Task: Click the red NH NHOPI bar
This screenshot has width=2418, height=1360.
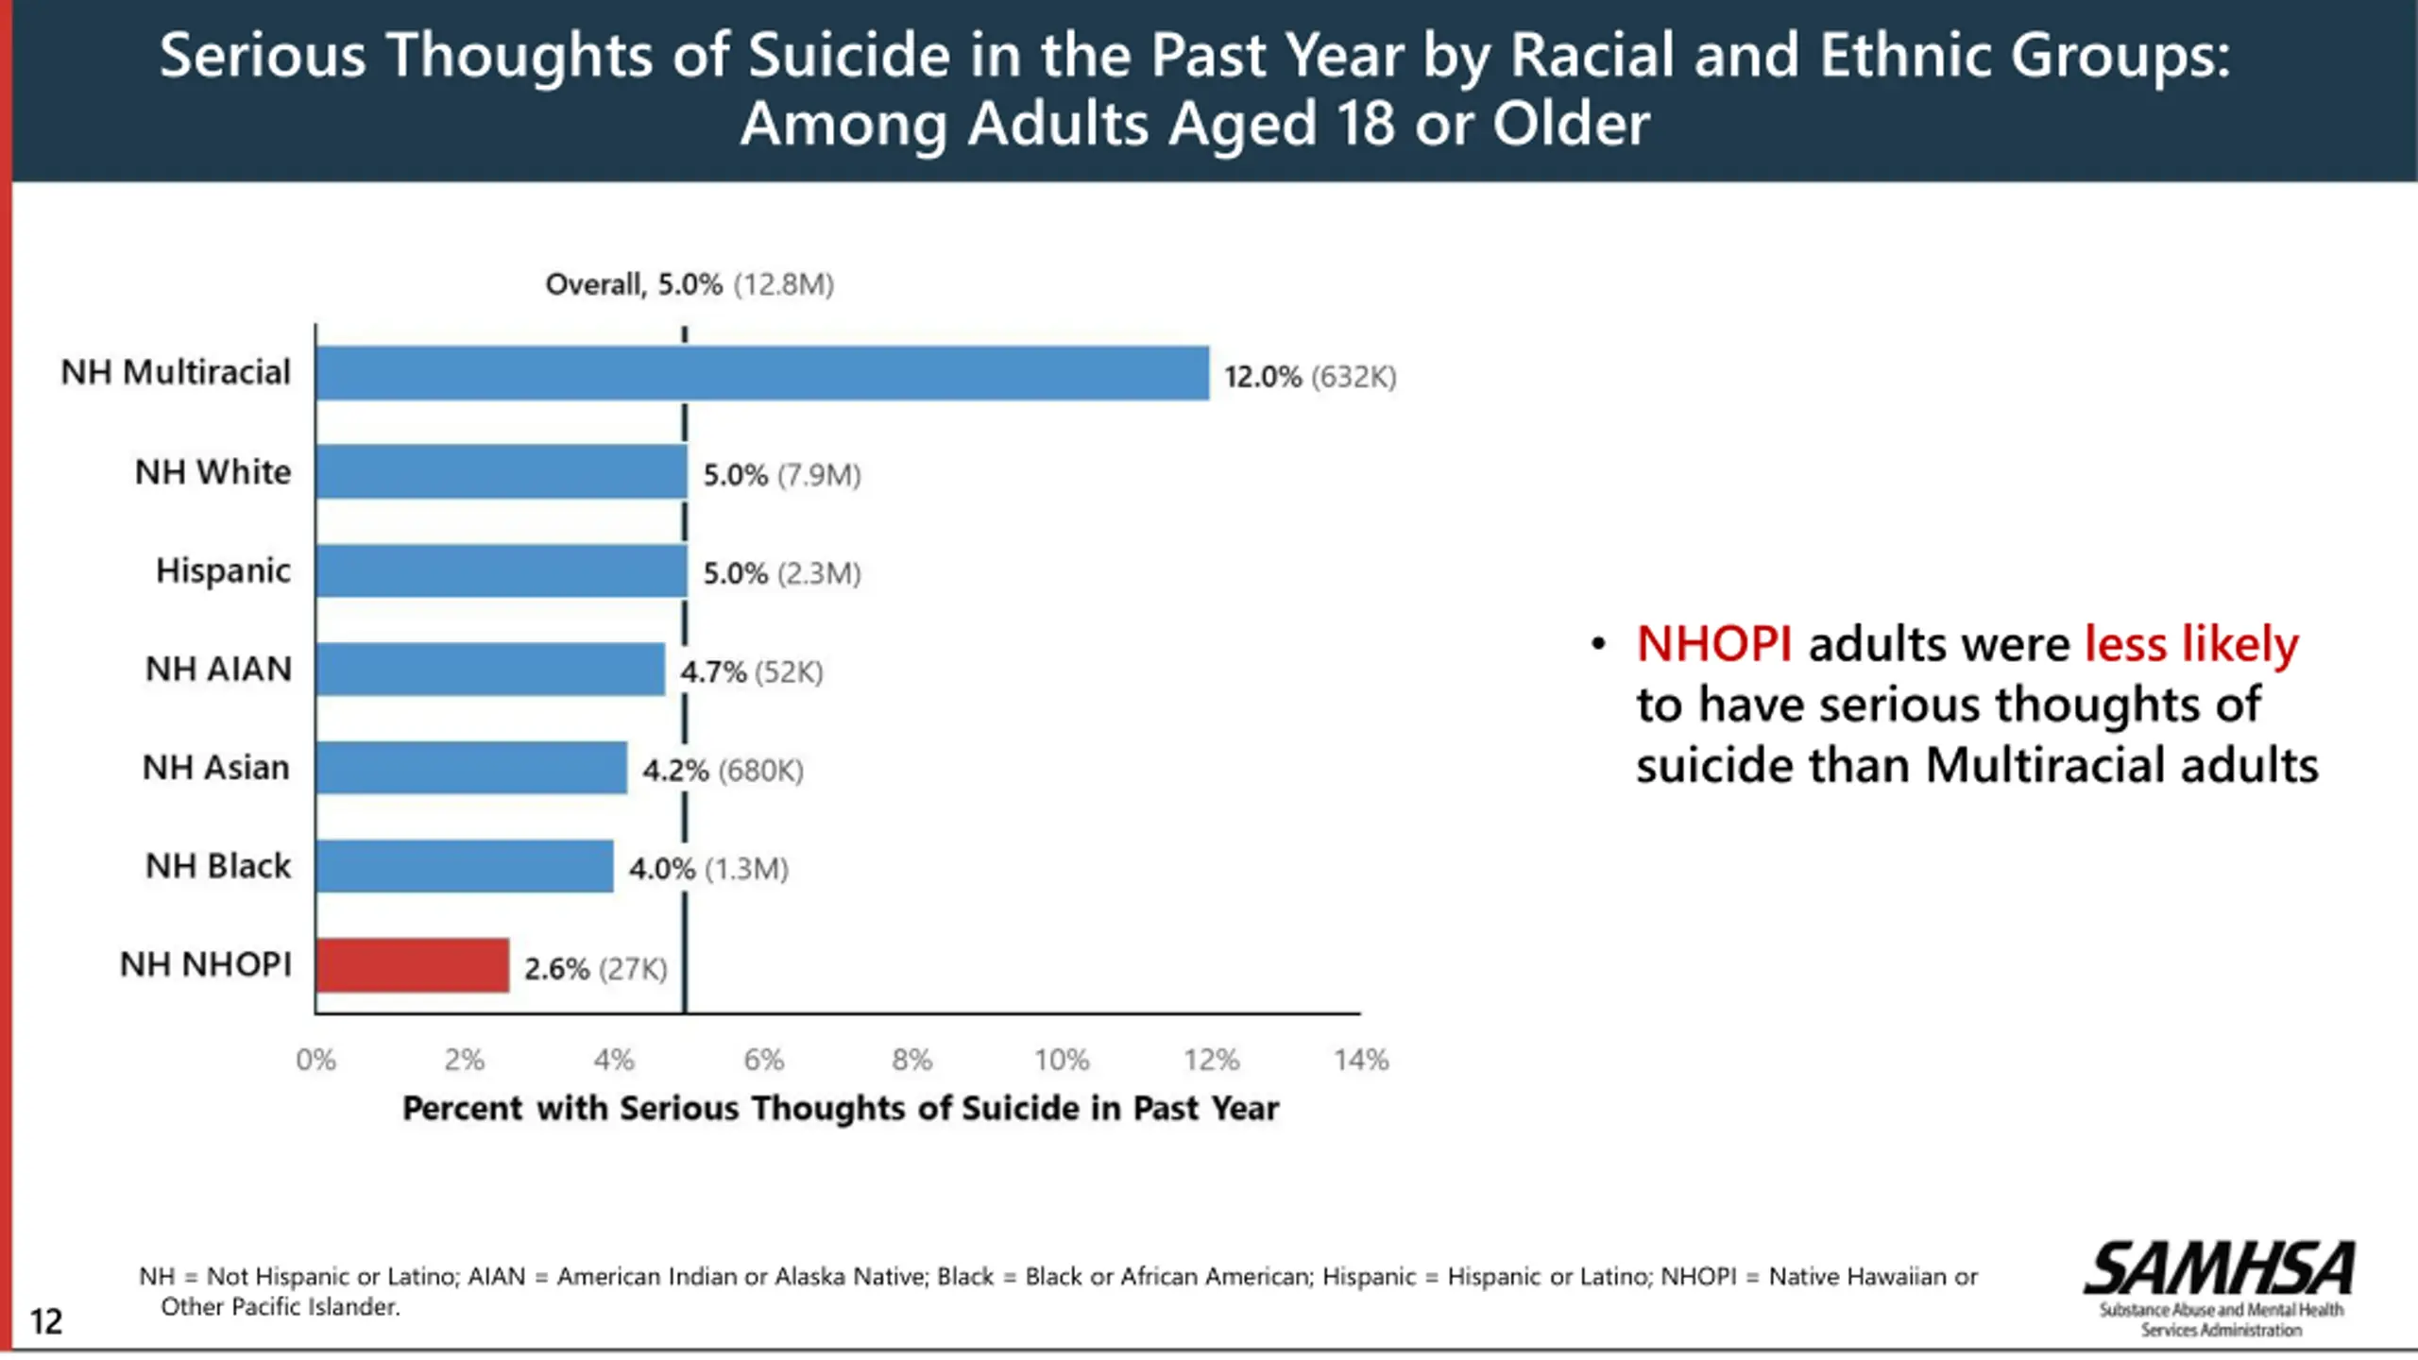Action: pyautogui.click(x=413, y=965)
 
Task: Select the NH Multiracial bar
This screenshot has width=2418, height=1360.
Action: pyautogui.click(x=762, y=373)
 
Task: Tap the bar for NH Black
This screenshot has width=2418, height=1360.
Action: pyautogui.click(x=465, y=866)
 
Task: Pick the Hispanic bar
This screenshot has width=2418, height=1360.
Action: pyautogui.click(x=502, y=570)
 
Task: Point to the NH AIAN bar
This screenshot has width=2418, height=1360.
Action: pyautogui.click(x=490, y=670)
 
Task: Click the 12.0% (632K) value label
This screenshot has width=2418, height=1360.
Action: pyautogui.click(x=1309, y=377)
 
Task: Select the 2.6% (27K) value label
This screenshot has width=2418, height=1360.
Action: pyautogui.click(x=595, y=969)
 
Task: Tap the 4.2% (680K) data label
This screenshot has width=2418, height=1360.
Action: pyautogui.click(x=723, y=771)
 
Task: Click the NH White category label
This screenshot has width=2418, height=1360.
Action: pyautogui.click(x=213, y=472)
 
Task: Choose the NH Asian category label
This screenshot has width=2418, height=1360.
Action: pyautogui.click(x=215, y=768)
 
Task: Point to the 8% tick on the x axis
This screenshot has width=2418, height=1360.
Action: pyautogui.click(x=912, y=1060)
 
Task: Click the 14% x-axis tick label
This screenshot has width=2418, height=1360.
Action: pyautogui.click(x=1361, y=1060)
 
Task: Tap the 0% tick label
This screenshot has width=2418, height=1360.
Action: pyautogui.click(x=315, y=1060)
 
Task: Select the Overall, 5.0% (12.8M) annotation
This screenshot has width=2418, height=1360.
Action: pyautogui.click(x=690, y=284)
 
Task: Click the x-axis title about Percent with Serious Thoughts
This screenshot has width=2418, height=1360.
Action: pyautogui.click(x=841, y=1108)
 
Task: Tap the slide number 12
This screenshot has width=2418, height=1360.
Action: pyautogui.click(x=45, y=1320)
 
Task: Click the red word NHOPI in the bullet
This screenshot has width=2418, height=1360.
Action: pyautogui.click(x=1714, y=645)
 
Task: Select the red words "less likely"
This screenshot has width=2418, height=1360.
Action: pyautogui.click(x=2191, y=645)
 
